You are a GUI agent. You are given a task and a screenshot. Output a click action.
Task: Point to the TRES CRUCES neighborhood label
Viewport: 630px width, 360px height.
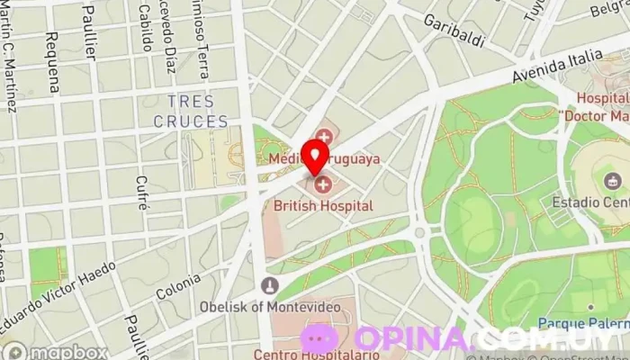coord(191,112)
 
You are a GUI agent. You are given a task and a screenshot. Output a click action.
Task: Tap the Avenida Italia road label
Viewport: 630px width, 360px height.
coord(557,67)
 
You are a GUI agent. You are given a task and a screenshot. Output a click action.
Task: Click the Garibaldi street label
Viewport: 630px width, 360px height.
coord(454,30)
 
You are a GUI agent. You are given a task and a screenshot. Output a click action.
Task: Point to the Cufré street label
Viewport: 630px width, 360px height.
coord(141,192)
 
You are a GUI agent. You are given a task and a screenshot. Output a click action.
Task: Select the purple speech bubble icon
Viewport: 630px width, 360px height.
coord(319,339)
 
